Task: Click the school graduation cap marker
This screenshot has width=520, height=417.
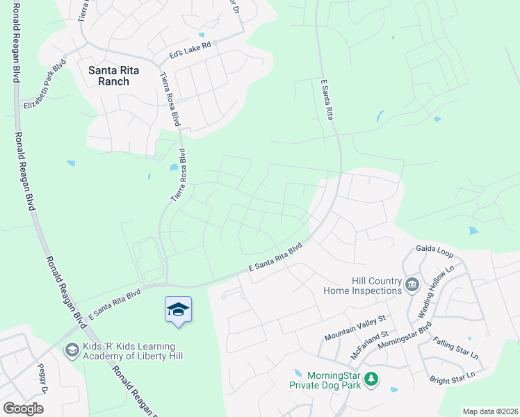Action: [178, 309]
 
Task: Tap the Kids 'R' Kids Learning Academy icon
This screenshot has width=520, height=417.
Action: [71, 350]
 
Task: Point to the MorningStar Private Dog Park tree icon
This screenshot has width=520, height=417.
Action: [373, 378]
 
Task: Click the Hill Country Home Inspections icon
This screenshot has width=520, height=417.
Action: [412, 284]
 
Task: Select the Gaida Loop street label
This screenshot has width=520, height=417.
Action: [435, 248]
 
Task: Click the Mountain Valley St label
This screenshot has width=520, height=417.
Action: [355, 329]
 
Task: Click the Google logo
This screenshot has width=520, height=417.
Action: [23, 409]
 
